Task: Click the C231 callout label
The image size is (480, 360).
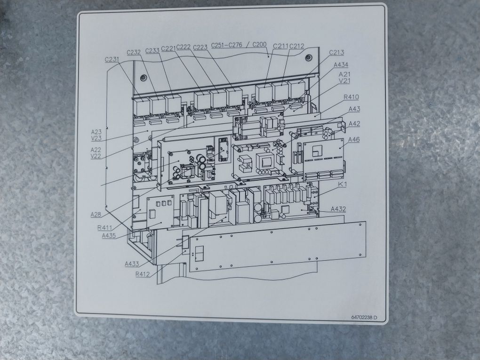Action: pyautogui.click(x=113, y=59)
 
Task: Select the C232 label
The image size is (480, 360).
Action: pyautogui.click(x=134, y=52)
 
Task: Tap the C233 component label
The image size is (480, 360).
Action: pyautogui.click(x=152, y=50)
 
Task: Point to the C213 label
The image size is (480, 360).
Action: pyautogui.click(x=336, y=52)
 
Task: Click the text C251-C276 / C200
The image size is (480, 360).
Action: pyautogui.click(x=239, y=45)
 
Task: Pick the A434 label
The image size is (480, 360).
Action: pyautogui.click(x=341, y=64)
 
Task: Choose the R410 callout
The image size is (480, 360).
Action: pyautogui.click(x=351, y=97)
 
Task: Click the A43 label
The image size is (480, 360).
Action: pyautogui.click(x=354, y=109)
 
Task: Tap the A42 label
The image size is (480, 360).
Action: pyautogui.click(x=354, y=124)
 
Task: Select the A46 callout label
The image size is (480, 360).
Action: pyautogui.click(x=354, y=140)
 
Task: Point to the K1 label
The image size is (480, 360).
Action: pyautogui.click(x=342, y=185)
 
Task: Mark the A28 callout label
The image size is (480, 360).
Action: pyautogui.click(x=96, y=215)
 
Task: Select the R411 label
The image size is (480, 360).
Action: pyautogui.click(x=104, y=228)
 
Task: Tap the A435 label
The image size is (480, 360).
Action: pyautogui.click(x=109, y=235)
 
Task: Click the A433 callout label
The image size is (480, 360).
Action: pyautogui.click(x=132, y=264)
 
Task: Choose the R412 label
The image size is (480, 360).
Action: pyautogui.click(x=143, y=274)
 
